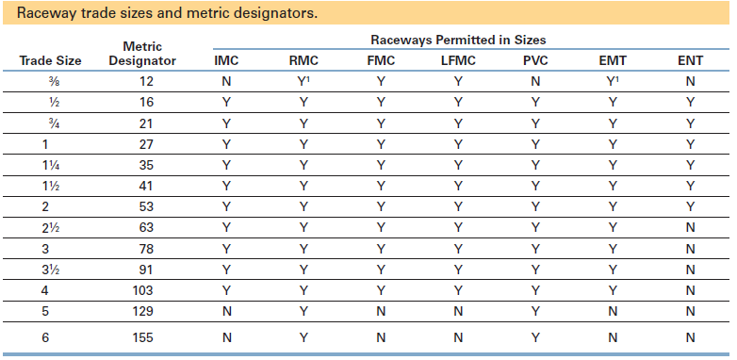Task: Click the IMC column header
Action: click(226, 61)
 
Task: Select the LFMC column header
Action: click(458, 61)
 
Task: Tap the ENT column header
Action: click(691, 61)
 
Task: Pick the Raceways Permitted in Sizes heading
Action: click(458, 41)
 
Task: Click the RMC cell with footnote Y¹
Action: click(304, 82)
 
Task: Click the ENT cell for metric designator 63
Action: click(691, 226)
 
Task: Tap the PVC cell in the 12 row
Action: click(535, 82)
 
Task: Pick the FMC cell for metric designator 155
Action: click(381, 335)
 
